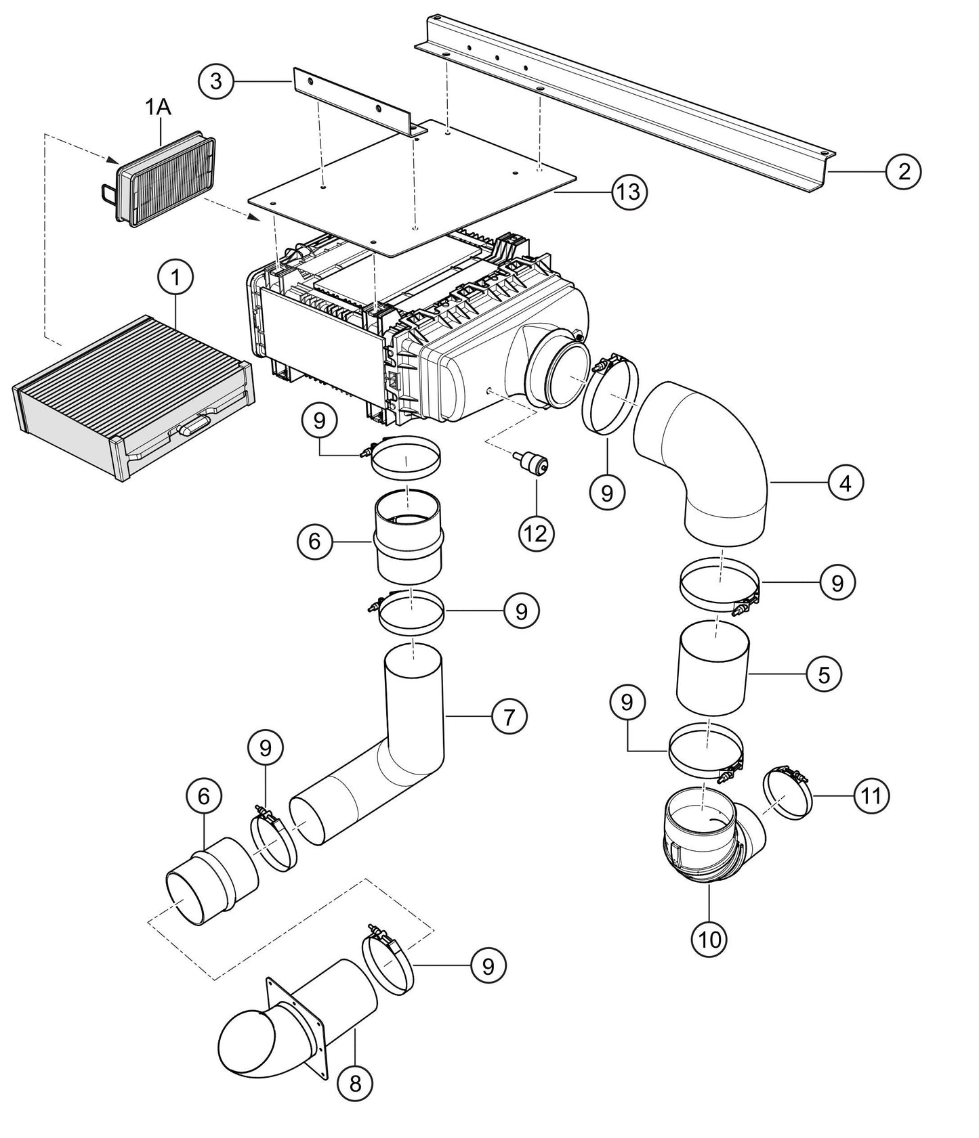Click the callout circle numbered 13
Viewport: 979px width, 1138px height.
point(629,192)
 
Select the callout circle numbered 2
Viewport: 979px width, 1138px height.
point(904,171)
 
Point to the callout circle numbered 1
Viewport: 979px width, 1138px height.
point(175,278)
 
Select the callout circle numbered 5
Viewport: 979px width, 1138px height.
point(824,674)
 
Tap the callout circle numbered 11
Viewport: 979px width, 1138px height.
point(871,795)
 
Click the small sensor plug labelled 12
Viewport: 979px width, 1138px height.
point(533,464)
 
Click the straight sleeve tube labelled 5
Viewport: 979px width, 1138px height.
point(713,669)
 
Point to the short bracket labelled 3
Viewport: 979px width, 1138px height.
point(352,102)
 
